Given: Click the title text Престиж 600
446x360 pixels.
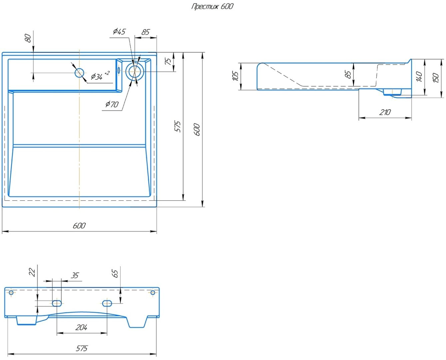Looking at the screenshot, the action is click(212, 6).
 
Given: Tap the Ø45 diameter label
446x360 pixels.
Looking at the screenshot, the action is click(119, 32).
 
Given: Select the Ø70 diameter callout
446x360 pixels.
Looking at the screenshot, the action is click(112, 104).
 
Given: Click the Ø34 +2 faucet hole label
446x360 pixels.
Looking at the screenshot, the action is click(100, 76).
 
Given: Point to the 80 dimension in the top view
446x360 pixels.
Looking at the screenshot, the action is click(28, 38).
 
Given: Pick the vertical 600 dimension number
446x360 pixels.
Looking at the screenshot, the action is click(197, 130).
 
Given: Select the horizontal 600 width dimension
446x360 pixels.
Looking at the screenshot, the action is click(79, 225).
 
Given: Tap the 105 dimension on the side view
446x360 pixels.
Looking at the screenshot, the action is click(235, 76).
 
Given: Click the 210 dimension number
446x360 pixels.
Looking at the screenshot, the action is click(385, 112).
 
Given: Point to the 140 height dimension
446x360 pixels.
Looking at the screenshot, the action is click(419, 77).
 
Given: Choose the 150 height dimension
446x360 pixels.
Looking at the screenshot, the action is click(436, 78).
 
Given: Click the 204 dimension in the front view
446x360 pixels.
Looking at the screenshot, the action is click(81, 327).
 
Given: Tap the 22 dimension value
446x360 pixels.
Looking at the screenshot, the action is click(32, 272).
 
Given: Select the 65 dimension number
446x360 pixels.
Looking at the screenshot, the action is click(115, 274).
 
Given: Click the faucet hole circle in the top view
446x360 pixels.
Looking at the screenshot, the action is click(80, 73).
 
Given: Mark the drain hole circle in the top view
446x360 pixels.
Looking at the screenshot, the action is click(135, 72).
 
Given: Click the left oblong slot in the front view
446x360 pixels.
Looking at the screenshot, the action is click(57, 303).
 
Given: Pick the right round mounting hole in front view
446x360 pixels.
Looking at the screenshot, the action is click(153, 293).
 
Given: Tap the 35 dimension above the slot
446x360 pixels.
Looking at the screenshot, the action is click(75, 275).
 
